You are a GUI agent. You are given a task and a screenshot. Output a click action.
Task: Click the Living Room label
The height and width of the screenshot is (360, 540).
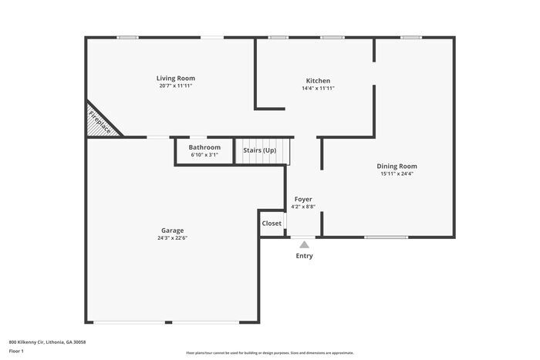tap(175, 78)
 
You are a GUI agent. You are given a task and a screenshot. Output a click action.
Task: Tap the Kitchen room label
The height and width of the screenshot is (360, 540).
tap(318, 81)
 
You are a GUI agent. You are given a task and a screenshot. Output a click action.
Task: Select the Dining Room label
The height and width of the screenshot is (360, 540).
tap(397, 166)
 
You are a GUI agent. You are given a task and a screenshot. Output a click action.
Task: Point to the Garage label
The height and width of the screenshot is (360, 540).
tap(172, 230)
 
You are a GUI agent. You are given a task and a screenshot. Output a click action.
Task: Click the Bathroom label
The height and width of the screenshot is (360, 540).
tap(204, 147)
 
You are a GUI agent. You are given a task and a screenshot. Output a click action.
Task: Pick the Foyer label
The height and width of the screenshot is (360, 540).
tap(303, 199)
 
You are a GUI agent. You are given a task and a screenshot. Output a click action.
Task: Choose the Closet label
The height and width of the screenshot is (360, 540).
tap(272, 224)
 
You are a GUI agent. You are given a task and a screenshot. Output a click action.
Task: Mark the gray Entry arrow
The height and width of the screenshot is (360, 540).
tap(304, 244)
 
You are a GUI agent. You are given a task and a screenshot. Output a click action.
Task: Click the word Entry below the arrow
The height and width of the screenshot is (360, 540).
tap(305, 256)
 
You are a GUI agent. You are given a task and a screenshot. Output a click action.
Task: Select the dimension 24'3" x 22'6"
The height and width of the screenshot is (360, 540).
tap(172, 237)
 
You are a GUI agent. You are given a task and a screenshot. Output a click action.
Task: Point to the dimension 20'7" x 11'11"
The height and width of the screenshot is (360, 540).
tap(175, 86)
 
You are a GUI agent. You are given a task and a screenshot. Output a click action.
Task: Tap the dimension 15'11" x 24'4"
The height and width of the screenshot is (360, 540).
tap(397, 173)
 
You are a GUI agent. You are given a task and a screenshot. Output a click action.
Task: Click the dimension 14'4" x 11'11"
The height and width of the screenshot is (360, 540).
tap(318, 89)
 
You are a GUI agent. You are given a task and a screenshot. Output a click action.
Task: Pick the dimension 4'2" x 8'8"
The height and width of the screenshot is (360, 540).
tap(303, 207)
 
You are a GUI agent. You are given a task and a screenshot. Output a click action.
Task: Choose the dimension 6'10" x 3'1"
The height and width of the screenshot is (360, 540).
tap(204, 155)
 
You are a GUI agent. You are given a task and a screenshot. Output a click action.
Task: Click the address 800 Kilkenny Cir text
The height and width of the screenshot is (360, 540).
tap(47, 341)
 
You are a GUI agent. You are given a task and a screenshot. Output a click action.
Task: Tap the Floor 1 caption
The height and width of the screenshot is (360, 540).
tap(17, 351)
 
